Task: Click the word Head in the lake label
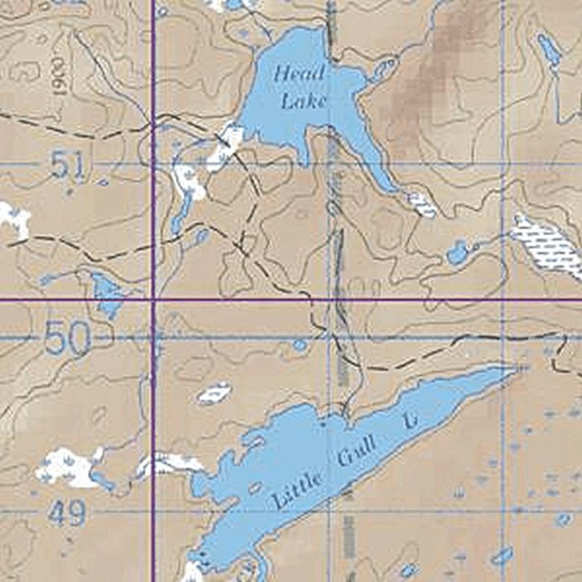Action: pos(299,74)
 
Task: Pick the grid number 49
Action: pos(67,514)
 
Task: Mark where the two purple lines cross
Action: pos(154,299)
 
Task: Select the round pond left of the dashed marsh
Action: pos(457,253)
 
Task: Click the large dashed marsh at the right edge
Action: pos(548,245)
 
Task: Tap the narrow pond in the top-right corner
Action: pos(549,49)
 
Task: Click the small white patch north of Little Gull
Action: pos(215,394)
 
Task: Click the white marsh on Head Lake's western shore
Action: pos(226,145)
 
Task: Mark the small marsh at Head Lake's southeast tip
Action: pos(422,204)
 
